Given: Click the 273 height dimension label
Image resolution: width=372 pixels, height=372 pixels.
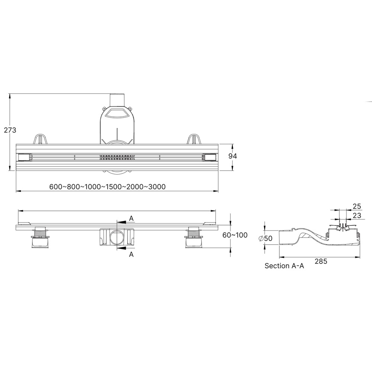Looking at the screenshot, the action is point(10,130).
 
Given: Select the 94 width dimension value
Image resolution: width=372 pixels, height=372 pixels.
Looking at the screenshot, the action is point(232,156).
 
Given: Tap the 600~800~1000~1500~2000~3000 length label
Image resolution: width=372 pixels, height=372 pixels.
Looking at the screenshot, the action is point(108,187).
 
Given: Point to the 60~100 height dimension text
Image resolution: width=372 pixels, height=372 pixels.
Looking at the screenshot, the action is point(235,235).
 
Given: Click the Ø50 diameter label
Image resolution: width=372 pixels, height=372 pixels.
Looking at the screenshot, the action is point(266,238).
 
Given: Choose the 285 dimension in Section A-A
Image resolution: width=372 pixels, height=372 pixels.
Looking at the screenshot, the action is point(321,261).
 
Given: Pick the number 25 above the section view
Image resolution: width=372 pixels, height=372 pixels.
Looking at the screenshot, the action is point(357,206).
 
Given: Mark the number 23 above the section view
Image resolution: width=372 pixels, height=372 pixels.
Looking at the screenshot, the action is point(357,215).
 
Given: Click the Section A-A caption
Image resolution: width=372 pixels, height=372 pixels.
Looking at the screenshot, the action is point(284,266).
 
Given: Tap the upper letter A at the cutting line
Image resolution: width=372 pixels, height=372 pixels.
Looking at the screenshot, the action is point(131,218).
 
